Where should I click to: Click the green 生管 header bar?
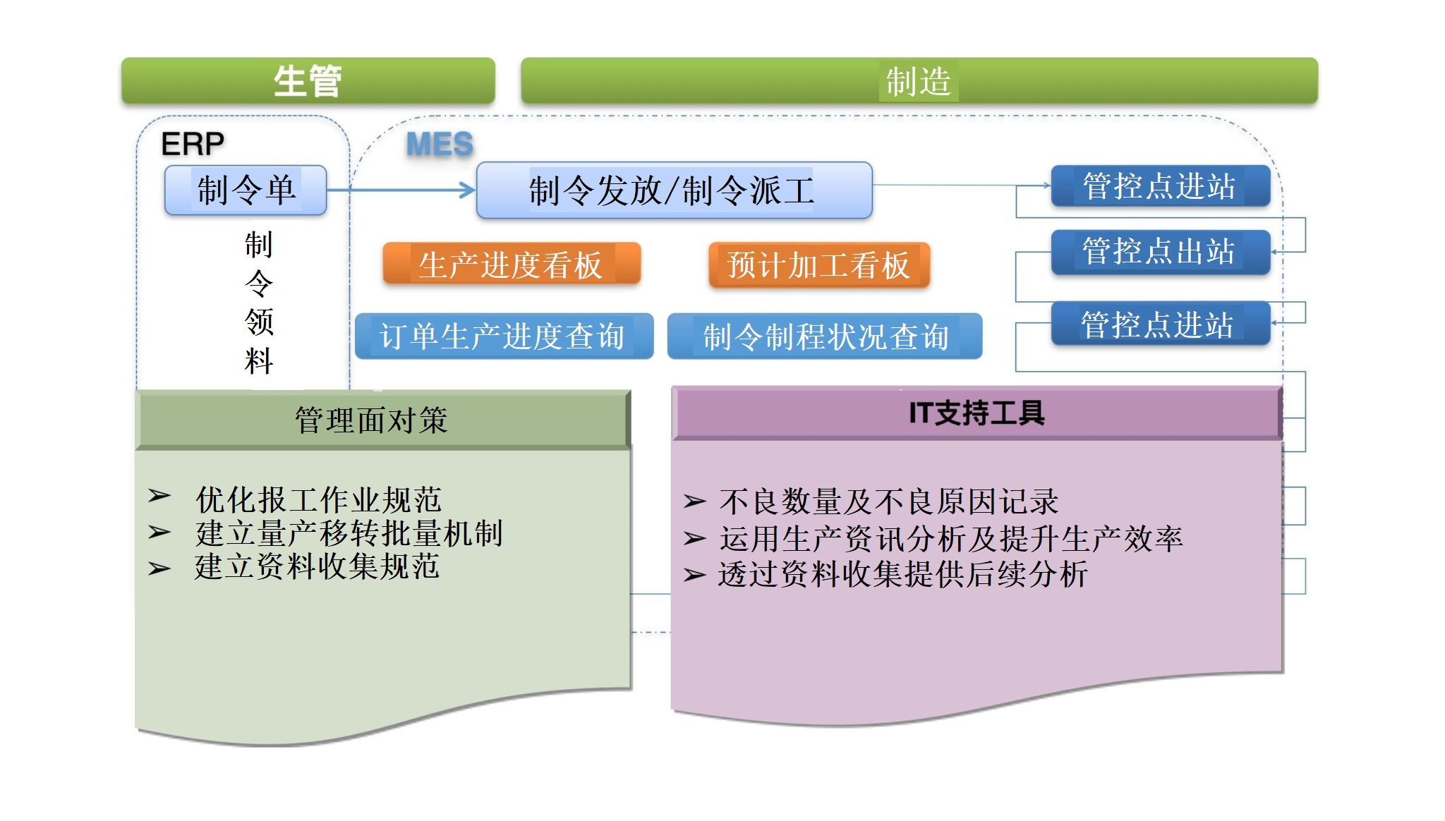308,81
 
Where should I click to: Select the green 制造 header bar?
919,81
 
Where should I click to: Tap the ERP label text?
193,145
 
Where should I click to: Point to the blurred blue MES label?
440,145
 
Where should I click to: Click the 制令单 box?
246,190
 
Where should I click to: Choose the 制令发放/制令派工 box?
675,190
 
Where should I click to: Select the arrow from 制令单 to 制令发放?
401,190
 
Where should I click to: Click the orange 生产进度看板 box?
512,264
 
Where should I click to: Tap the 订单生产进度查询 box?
504,336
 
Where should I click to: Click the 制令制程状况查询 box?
825,336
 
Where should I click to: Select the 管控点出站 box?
1161,252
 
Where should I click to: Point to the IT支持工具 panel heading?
977,413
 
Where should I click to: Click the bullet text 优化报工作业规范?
318,499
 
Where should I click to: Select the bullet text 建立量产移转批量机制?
349,533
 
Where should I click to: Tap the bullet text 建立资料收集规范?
318,566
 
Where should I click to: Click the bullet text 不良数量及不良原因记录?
889,501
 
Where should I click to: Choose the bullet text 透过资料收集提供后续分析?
903,574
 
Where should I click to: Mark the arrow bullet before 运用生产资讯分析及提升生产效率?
694,539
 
